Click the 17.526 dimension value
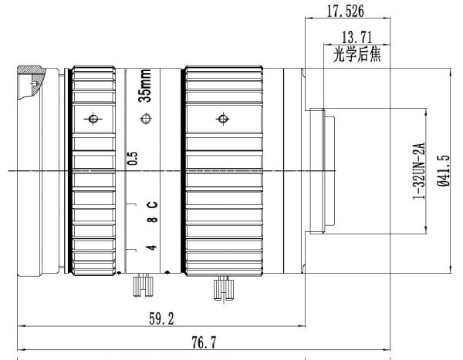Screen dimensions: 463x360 pyautogui.click(x=346, y=12)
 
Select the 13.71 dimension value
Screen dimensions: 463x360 pyautogui.click(x=357, y=37)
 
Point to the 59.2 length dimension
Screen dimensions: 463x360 pyautogui.click(x=161, y=318)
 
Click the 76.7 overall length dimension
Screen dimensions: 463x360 pyautogui.click(x=204, y=342)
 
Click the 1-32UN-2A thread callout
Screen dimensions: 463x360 pyautogui.click(x=419, y=171)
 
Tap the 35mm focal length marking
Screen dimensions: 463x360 pyautogui.click(x=145, y=86)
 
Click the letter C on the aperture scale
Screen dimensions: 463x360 pyautogui.click(x=153, y=204)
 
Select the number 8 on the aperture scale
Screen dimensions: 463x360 pyautogui.click(x=152, y=220)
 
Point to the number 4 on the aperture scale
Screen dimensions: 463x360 pyautogui.click(x=152, y=247)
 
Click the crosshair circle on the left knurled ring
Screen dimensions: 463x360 pyautogui.click(x=93, y=119)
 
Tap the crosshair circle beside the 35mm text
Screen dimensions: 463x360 pyautogui.click(x=146, y=119)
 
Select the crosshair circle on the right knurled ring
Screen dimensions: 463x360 pyautogui.click(x=223, y=119)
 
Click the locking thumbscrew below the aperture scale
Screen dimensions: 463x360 pyautogui.click(x=144, y=285)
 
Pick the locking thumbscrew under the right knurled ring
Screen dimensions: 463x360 pyautogui.click(x=224, y=288)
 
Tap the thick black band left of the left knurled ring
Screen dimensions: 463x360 pyautogui.click(x=70, y=170)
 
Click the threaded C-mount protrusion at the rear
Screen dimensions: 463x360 pyautogui.click(x=323, y=171)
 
